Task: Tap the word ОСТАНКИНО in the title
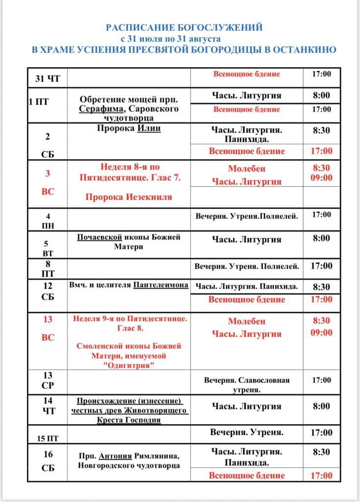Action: [307, 50]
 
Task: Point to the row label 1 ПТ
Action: [39, 102]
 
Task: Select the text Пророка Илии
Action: [129, 128]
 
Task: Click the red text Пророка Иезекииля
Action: [129, 197]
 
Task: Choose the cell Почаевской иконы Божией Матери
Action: [129, 242]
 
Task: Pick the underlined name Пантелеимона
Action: [161, 284]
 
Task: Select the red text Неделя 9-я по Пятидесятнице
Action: [130, 319]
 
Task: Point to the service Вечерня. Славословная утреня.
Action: [247, 385]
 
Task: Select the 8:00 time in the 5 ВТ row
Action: [321, 238]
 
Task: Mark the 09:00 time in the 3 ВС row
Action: [321, 178]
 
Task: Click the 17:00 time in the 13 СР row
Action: [321, 380]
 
